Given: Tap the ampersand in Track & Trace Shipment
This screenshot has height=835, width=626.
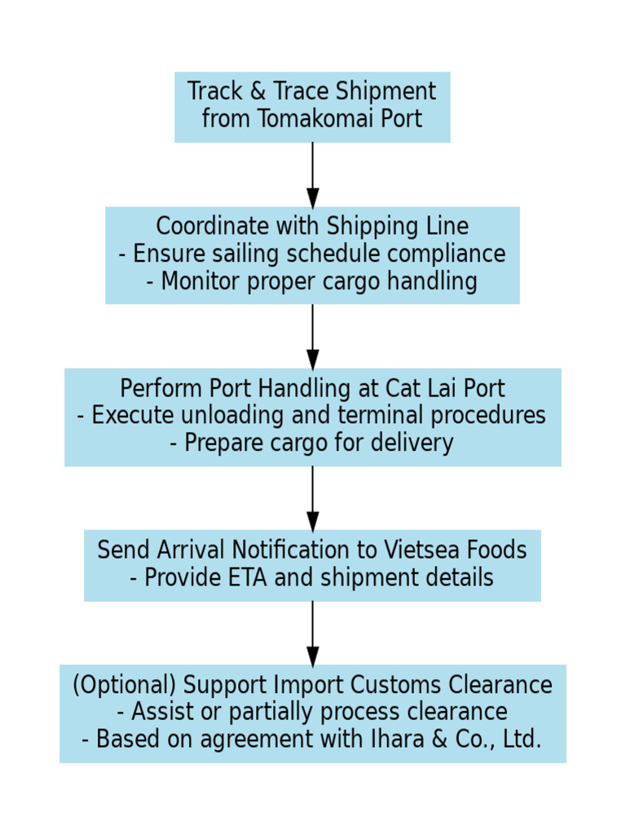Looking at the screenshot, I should (258, 91).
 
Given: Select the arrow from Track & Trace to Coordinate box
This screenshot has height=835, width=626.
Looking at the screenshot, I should (312, 175).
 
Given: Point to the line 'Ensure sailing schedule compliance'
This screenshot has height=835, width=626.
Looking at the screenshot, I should (312, 254).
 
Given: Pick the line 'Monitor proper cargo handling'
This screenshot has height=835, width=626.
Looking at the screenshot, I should (312, 281).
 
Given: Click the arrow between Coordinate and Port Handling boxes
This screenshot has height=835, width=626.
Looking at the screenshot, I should (312, 336).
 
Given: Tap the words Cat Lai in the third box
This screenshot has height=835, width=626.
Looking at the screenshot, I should (418, 388).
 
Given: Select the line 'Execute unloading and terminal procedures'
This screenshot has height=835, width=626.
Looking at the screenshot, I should (312, 416).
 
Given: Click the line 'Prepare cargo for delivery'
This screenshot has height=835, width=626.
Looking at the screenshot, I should (312, 444).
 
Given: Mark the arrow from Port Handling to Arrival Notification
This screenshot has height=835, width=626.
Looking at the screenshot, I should (312, 498).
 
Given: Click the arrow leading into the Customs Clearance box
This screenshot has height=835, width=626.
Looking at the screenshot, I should (312, 634).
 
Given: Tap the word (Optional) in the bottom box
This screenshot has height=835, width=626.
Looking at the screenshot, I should (124, 685).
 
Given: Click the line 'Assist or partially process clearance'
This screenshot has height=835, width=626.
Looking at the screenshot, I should (312, 712).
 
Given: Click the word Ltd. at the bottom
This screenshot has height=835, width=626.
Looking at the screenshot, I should (522, 740).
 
